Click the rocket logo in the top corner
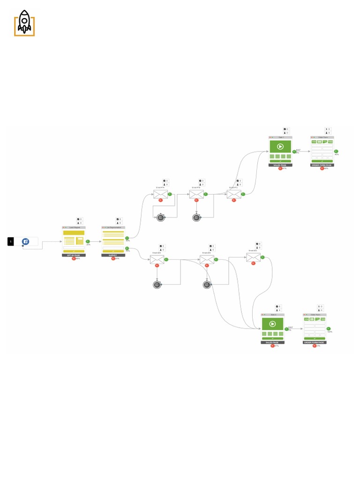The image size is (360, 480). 24,23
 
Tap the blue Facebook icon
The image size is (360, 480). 26,241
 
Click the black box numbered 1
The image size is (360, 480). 11,241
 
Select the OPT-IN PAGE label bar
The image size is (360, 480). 74,255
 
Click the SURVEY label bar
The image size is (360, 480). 113,255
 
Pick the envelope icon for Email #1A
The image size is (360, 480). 160,194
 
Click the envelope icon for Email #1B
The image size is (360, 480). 196,194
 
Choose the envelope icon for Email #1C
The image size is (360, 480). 234,194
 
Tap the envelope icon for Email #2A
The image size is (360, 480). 157,259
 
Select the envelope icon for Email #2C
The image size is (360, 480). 254,257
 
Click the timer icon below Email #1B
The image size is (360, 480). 196,217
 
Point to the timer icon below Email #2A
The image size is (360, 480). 157,285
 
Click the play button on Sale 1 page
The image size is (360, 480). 280,146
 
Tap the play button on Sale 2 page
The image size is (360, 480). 272,323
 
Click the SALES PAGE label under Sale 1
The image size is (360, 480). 280,165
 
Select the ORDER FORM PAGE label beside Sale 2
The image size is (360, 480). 315,342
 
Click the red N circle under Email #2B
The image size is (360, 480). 206,265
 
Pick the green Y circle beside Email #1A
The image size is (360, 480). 170,194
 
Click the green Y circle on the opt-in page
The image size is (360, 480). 88,241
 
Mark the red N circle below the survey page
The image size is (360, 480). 113,258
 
